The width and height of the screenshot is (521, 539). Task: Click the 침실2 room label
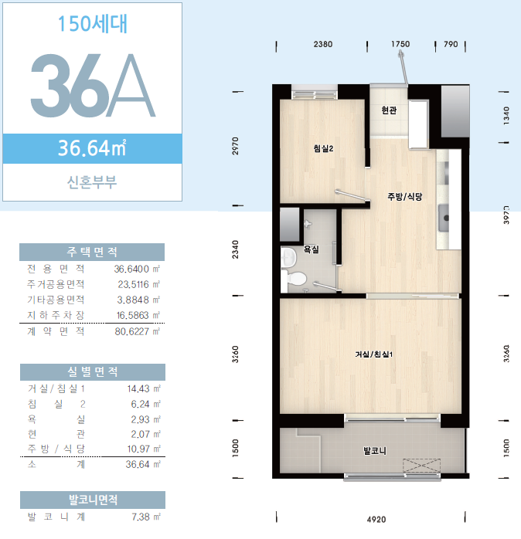pyautogui.click(x=323, y=148)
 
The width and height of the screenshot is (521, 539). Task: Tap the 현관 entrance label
pyautogui.click(x=389, y=110)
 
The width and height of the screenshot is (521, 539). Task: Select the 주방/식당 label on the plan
pyautogui.click(x=405, y=197)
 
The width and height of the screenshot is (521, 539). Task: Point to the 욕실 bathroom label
pyautogui.click(x=311, y=249)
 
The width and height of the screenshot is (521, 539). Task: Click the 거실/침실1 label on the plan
pyautogui.click(x=373, y=354)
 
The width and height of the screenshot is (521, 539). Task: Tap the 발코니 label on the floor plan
pyautogui.click(x=375, y=450)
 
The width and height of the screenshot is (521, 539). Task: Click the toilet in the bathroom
pyautogui.click(x=295, y=278)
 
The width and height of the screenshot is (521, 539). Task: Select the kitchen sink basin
pyautogui.click(x=444, y=218)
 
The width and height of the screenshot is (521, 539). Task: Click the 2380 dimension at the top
pyautogui.click(x=323, y=44)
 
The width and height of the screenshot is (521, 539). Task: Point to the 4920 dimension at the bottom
pyautogui.click(x=376, y=519)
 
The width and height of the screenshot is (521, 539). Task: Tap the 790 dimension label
pyautogui.click(x=451, y=44)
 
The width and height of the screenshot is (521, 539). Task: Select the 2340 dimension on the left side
pyautogui.click(x=236, y=249)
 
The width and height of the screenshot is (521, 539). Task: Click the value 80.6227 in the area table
pyautogui.click(x=132, y=331)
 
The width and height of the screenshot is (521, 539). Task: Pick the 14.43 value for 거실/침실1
pyautogui.click(x=138, y=388)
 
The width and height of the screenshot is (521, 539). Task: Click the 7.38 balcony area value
pyautogui.click(x=141, y=517)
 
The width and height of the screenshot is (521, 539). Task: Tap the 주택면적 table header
pyautogui.click(x=92, y=252)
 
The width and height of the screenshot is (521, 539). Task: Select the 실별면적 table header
pyautogui.click(x=93, y=372)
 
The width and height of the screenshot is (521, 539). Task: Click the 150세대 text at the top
pyautogui.click(x=93, y=23)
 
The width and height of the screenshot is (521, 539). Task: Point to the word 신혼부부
pyautogui.click(x=92, y=182)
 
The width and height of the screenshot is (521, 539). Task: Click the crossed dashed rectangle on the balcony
pyautogui.click(x=421, y=466)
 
